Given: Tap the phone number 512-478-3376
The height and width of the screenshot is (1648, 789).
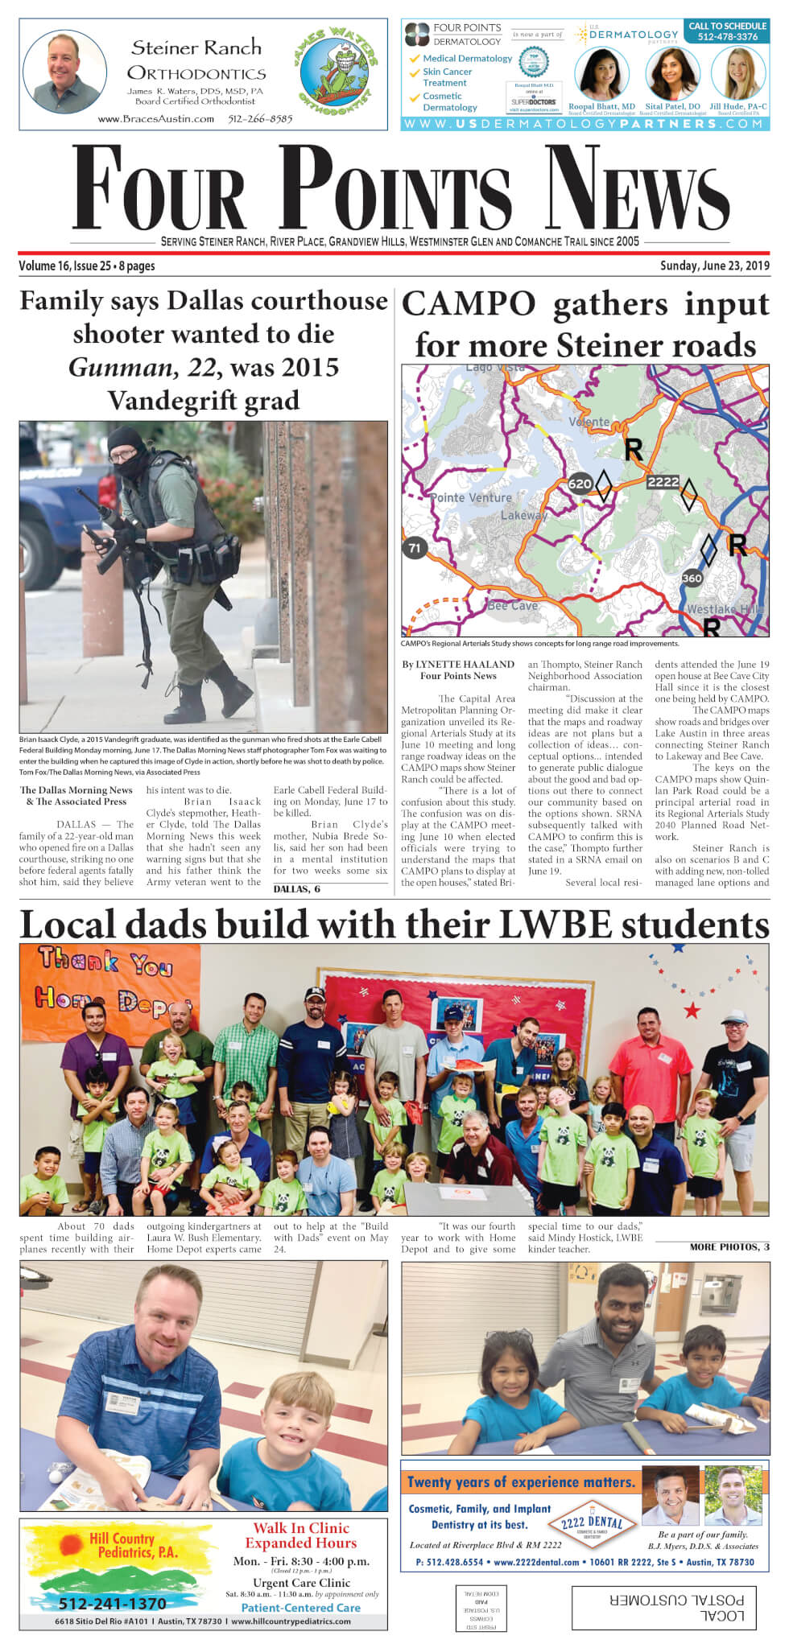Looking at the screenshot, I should point(727,37).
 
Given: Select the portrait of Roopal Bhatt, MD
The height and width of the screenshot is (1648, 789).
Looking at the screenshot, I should point(601,73).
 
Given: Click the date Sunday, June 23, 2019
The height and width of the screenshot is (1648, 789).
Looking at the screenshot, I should point(714,266).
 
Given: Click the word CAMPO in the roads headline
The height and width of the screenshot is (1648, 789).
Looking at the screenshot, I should point(469,305).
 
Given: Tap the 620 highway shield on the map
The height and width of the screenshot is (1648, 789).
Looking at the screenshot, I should point(580,484).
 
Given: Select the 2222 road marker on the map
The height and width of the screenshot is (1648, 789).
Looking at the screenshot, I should point(663,481).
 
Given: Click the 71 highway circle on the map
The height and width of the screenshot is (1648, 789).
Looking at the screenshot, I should point(414,548).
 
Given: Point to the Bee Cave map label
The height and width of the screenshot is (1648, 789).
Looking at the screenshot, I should point(513,605).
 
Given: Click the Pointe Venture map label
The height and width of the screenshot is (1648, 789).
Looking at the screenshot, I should point(471,497).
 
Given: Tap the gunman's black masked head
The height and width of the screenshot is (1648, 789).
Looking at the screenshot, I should point(126,452).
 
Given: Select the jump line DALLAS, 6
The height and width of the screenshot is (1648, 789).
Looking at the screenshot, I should point(296,888).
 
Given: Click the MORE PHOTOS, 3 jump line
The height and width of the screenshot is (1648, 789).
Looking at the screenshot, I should point(729,1246).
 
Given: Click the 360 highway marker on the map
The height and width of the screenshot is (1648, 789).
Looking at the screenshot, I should point(692,578).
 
